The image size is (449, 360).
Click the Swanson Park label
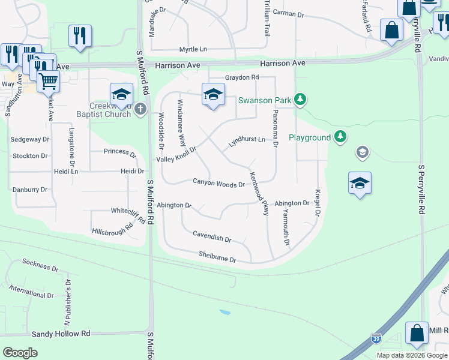(265, 100)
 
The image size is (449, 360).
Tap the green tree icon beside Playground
(340, 137)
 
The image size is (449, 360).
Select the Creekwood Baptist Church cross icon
(140, 109)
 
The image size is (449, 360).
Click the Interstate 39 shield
(376, 339)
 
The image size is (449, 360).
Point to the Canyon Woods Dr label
(218, 182)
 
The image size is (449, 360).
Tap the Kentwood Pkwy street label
(259, 193)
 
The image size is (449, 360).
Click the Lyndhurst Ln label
(247, 142)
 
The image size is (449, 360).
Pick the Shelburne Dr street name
(217, 257)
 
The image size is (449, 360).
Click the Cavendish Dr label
(211, 236)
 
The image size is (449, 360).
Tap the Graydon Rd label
(241, 77)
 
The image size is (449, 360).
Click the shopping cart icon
(48, 80)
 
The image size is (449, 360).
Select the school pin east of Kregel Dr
(359, 184)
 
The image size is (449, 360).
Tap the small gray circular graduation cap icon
(362, 152)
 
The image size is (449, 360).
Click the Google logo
(20, 353)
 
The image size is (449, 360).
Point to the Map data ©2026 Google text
(412, 355)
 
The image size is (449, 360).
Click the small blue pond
(224, 313)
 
